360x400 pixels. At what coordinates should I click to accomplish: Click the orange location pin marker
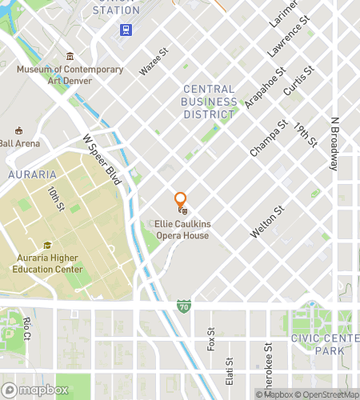(181, 200)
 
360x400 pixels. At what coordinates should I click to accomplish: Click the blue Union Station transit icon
(126, 30)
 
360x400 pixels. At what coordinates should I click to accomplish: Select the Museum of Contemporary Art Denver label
(70, 74)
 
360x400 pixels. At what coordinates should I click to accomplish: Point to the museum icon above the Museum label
(70, 56)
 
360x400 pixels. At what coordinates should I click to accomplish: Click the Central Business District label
(209, 102)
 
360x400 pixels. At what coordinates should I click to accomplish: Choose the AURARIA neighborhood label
(32, 174)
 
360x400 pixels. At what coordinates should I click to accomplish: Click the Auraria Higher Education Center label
(48, 264)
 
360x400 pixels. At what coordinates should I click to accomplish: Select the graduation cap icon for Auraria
(48, 246)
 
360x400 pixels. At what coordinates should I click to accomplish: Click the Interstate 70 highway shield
(184, 306)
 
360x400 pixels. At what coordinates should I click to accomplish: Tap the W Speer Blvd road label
(102, 159)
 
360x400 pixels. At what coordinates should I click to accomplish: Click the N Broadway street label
(334, 145)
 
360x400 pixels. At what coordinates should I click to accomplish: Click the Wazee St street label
(153, 61)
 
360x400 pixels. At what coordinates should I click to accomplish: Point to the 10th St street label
(54, 201)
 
